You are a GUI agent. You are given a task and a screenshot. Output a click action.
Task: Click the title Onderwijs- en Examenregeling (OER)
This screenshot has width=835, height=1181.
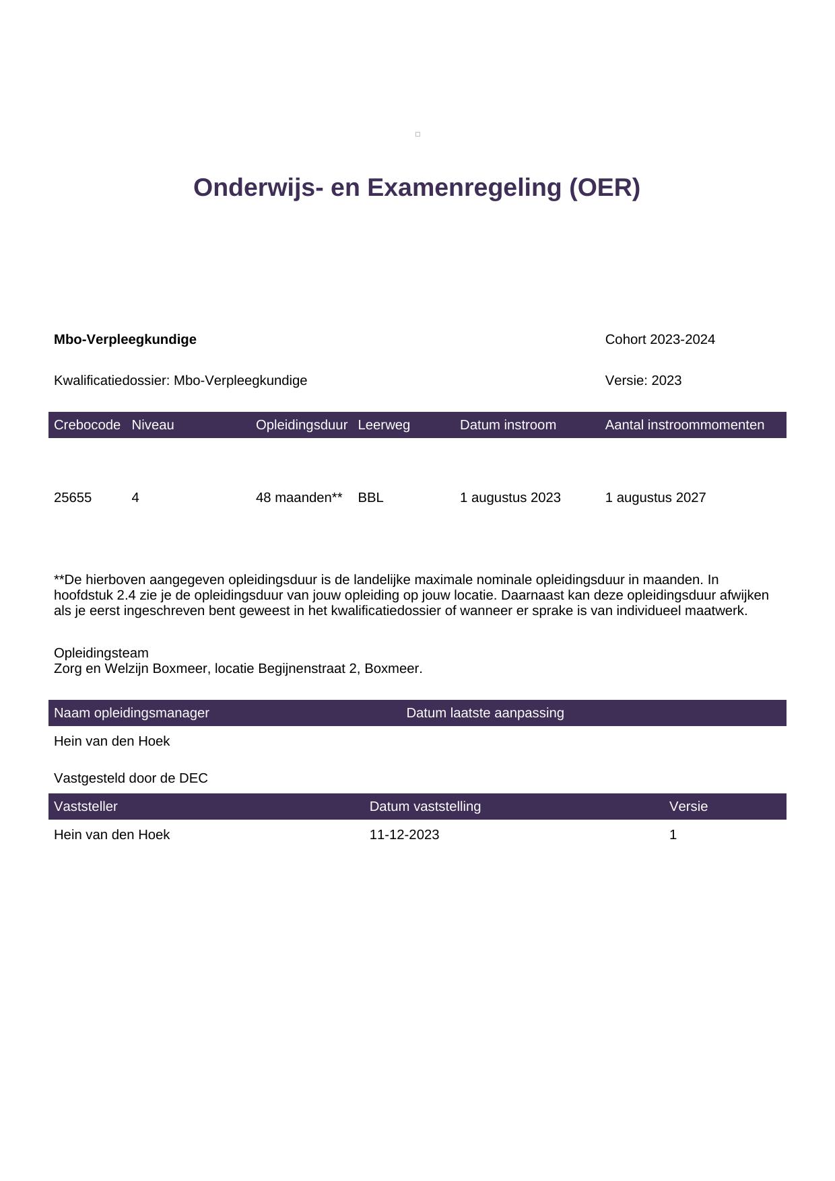point(416,188)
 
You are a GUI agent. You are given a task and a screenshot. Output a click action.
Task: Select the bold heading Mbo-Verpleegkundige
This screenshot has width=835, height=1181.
point(125,340)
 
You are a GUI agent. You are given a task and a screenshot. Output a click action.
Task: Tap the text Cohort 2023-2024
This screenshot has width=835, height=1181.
point(660,340)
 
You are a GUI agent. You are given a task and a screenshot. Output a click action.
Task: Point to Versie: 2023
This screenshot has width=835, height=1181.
point(643,381)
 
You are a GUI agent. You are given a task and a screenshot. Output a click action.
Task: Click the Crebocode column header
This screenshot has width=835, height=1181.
point(87,425)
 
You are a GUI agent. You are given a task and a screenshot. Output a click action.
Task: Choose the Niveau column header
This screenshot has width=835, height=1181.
point(153,425)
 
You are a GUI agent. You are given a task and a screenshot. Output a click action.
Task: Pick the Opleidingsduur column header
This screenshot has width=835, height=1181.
point(302,425)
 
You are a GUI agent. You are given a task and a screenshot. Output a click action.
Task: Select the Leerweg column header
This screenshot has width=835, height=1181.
point(384,425)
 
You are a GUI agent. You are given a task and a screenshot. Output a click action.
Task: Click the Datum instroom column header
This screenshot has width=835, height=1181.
point(508,425)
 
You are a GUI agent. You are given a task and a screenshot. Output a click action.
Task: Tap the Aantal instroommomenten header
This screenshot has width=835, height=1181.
point(684,425)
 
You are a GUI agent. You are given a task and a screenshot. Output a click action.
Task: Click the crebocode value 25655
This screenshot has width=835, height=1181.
point(73,498)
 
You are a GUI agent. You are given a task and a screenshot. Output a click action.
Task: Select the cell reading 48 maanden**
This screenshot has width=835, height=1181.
point(299,498)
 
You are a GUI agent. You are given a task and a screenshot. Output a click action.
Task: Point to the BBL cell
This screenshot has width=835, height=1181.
point(370,498)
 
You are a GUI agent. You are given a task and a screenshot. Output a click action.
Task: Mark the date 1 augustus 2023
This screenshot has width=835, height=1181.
point(510,498)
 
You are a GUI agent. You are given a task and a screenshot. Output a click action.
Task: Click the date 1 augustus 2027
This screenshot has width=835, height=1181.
point(655,498)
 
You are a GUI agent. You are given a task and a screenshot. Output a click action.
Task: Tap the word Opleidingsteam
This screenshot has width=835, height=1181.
point(101,653)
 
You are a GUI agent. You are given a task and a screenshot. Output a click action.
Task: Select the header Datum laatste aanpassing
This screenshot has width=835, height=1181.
point(485,713)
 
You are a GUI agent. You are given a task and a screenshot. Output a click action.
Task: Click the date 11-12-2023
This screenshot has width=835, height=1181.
point(404,835)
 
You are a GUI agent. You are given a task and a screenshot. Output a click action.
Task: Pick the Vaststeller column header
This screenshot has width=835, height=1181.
point(86,807)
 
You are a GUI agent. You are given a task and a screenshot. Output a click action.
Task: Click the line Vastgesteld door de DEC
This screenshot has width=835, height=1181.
point(131,779)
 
